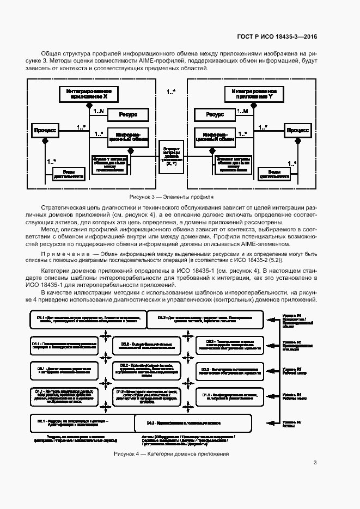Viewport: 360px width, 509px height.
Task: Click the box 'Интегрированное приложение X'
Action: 88,94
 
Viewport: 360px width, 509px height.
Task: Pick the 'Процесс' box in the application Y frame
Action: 298,131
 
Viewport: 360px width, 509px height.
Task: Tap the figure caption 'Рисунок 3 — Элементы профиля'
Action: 171,197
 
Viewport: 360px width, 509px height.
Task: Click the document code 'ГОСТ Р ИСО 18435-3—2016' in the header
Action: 277,37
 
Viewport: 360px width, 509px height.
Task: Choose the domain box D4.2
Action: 205,320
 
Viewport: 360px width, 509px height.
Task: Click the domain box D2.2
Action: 148,370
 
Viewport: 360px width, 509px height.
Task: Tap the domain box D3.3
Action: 227,344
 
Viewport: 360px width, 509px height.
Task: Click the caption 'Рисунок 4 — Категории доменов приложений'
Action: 171,454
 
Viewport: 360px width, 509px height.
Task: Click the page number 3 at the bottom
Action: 315,463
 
